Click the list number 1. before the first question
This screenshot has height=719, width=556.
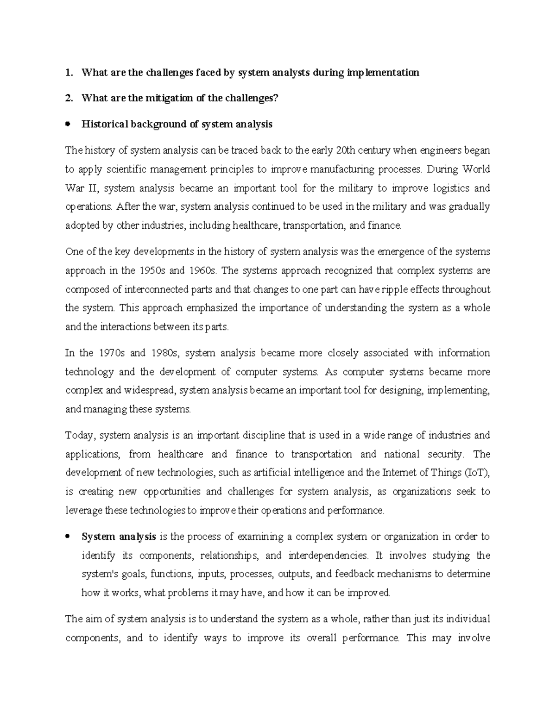[x=69, y=73]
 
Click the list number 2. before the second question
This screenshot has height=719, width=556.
[x=69, y=98]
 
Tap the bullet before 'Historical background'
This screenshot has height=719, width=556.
[x=68, y=124]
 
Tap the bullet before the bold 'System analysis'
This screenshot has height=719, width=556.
[x=68, y=537]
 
